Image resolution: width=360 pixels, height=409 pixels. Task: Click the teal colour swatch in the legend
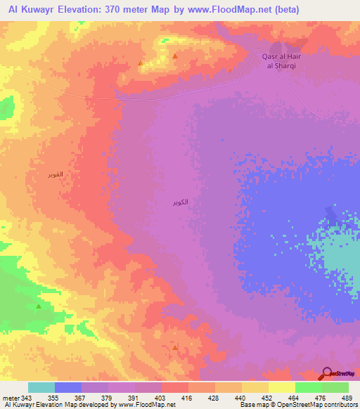coord(41,387)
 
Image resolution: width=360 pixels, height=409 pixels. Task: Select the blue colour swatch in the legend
coord(68,387)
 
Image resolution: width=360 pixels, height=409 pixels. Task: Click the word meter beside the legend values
coord(11,397)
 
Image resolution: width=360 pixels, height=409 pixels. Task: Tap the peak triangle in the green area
coord(38,306)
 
